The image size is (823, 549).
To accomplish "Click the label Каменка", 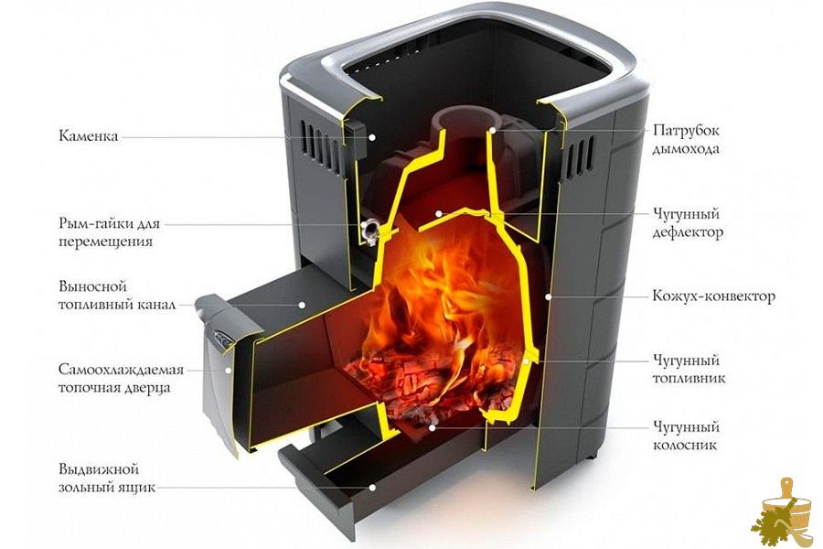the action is pyautogui.click(x=88, y=136).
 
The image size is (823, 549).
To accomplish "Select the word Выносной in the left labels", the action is pyautogui.click(x=93, y=286).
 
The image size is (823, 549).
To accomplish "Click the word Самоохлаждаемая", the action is pyautogui.click(x=121, y=370).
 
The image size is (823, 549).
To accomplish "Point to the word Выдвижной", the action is pyautogui.click(x=99, y=469).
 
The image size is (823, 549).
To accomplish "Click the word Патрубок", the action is pyautogui.click(x=686, y=130).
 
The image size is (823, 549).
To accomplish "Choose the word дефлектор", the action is pyautogui.click(x=688, y=232).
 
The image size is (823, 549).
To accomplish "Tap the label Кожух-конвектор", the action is pyautogui.click(x=714, y=296).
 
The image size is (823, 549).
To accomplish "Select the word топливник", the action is pyautogui.click(x=689, y=378).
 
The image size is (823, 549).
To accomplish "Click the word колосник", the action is pyautogui.click(x=685, y=445).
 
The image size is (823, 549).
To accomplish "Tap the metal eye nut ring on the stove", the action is pyautogui.click(x=370, y=231).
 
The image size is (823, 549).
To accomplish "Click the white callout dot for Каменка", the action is pyautogui.click(x=371, y=136).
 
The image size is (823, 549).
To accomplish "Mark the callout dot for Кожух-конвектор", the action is pyautogui.click(x=548, y=296).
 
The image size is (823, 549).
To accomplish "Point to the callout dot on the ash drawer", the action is pyautogui.click(x=372, y=487).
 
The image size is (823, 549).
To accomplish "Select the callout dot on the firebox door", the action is pyautogui.click(x=229, y=371).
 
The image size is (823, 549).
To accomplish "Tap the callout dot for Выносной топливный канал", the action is pyautogui.click(x=303, y=304).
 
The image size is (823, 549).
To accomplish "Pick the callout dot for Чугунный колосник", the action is pyautogui.click(x=432, y=427).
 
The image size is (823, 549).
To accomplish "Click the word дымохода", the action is pyautogui.click(x=686, y=149).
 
